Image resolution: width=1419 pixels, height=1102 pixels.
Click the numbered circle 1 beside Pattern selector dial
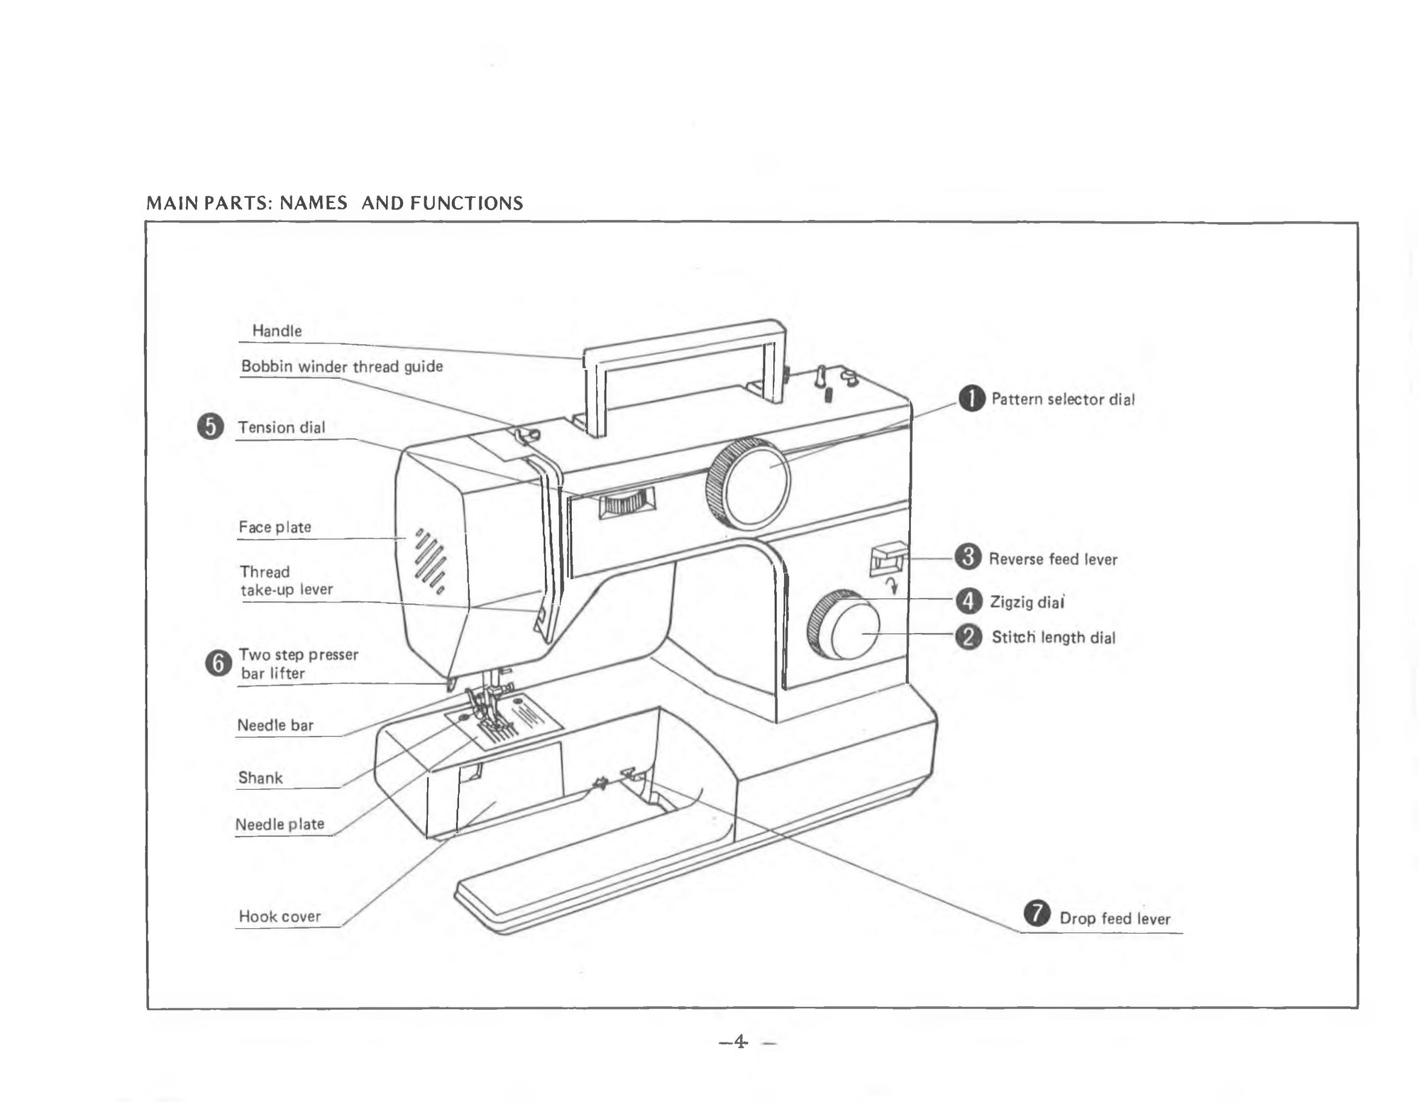click(972, 399)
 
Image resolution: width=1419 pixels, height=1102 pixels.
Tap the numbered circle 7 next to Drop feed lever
click(1037, 913)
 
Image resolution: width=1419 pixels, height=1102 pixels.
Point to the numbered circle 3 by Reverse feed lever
click(968, 557)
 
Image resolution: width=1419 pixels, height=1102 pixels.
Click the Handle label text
click(277, 331)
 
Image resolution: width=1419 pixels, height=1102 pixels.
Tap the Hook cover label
click(280, 916)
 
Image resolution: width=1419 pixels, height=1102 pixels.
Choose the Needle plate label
click(280, 824)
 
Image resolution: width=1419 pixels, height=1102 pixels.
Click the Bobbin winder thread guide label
click(341, 366)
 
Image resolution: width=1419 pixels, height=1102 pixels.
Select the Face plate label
click(275, 527)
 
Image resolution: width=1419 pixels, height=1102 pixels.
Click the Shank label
click(260, 778)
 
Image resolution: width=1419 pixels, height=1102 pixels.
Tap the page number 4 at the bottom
click(740, 1042)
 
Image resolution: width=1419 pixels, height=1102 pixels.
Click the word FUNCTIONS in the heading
click(466, 204)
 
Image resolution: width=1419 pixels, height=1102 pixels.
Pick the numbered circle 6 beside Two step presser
click(218, 663)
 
